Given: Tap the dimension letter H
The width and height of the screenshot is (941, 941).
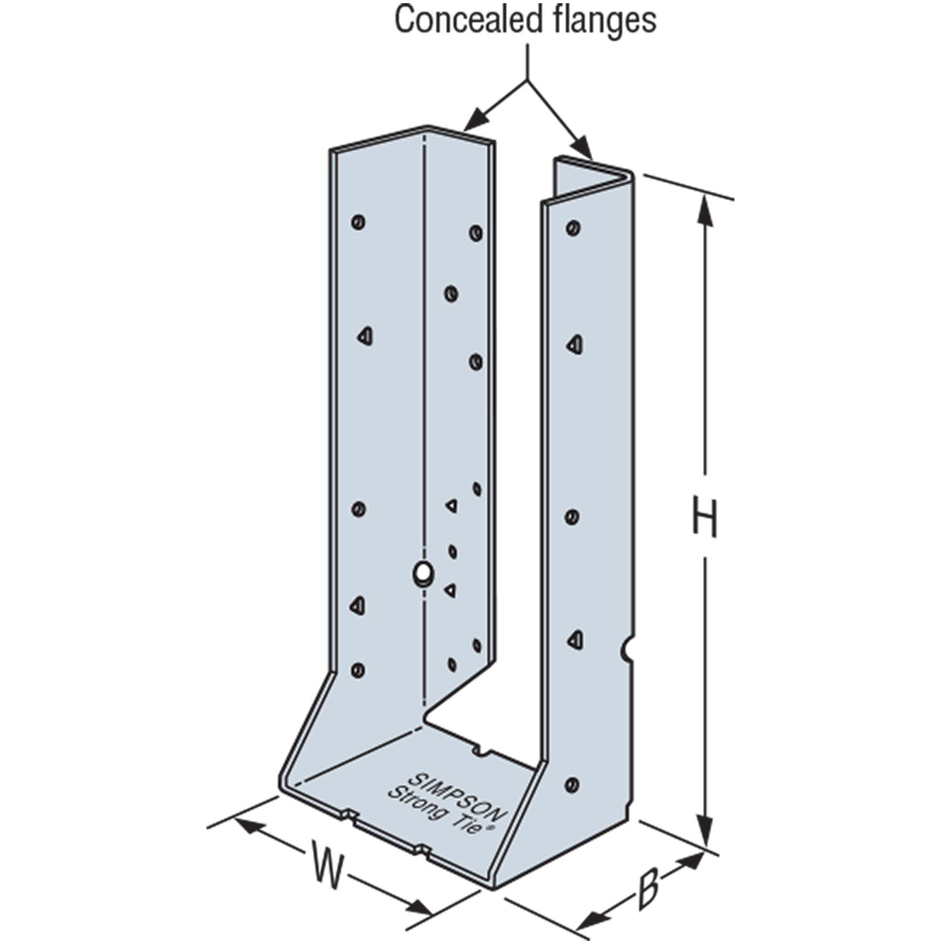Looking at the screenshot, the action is (704, 516).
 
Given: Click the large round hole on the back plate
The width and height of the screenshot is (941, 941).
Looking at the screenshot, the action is (423, 572).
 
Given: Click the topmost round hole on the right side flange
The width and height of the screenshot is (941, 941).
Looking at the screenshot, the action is (572, 227).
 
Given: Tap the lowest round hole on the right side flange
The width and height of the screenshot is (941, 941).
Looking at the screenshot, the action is (572, 784).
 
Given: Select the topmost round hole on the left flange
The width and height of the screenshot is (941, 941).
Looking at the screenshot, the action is (359, 221).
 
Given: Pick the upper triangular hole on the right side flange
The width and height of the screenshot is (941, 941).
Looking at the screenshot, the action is (575, 344).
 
